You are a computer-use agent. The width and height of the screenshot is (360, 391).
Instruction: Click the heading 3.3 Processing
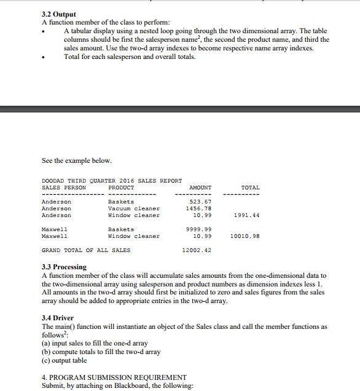(x=64, y=267)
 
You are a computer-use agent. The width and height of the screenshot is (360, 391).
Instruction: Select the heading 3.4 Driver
(x=57, y=318)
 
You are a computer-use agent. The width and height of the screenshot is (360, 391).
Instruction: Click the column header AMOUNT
(x=200, y=187)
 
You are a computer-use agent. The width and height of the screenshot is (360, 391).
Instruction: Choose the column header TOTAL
(x=250, y=187)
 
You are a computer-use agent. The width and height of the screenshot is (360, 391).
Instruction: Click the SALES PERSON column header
(x=63, y=187)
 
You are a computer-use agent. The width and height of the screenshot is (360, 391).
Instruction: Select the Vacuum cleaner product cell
(x=133, y=208)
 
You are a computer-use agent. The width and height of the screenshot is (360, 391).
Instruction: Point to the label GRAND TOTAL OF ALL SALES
(x=85, y=250)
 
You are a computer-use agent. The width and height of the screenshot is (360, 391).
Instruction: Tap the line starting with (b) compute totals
(x=101, y=352)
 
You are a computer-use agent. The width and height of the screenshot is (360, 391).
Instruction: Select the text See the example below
(x=77, y=160)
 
